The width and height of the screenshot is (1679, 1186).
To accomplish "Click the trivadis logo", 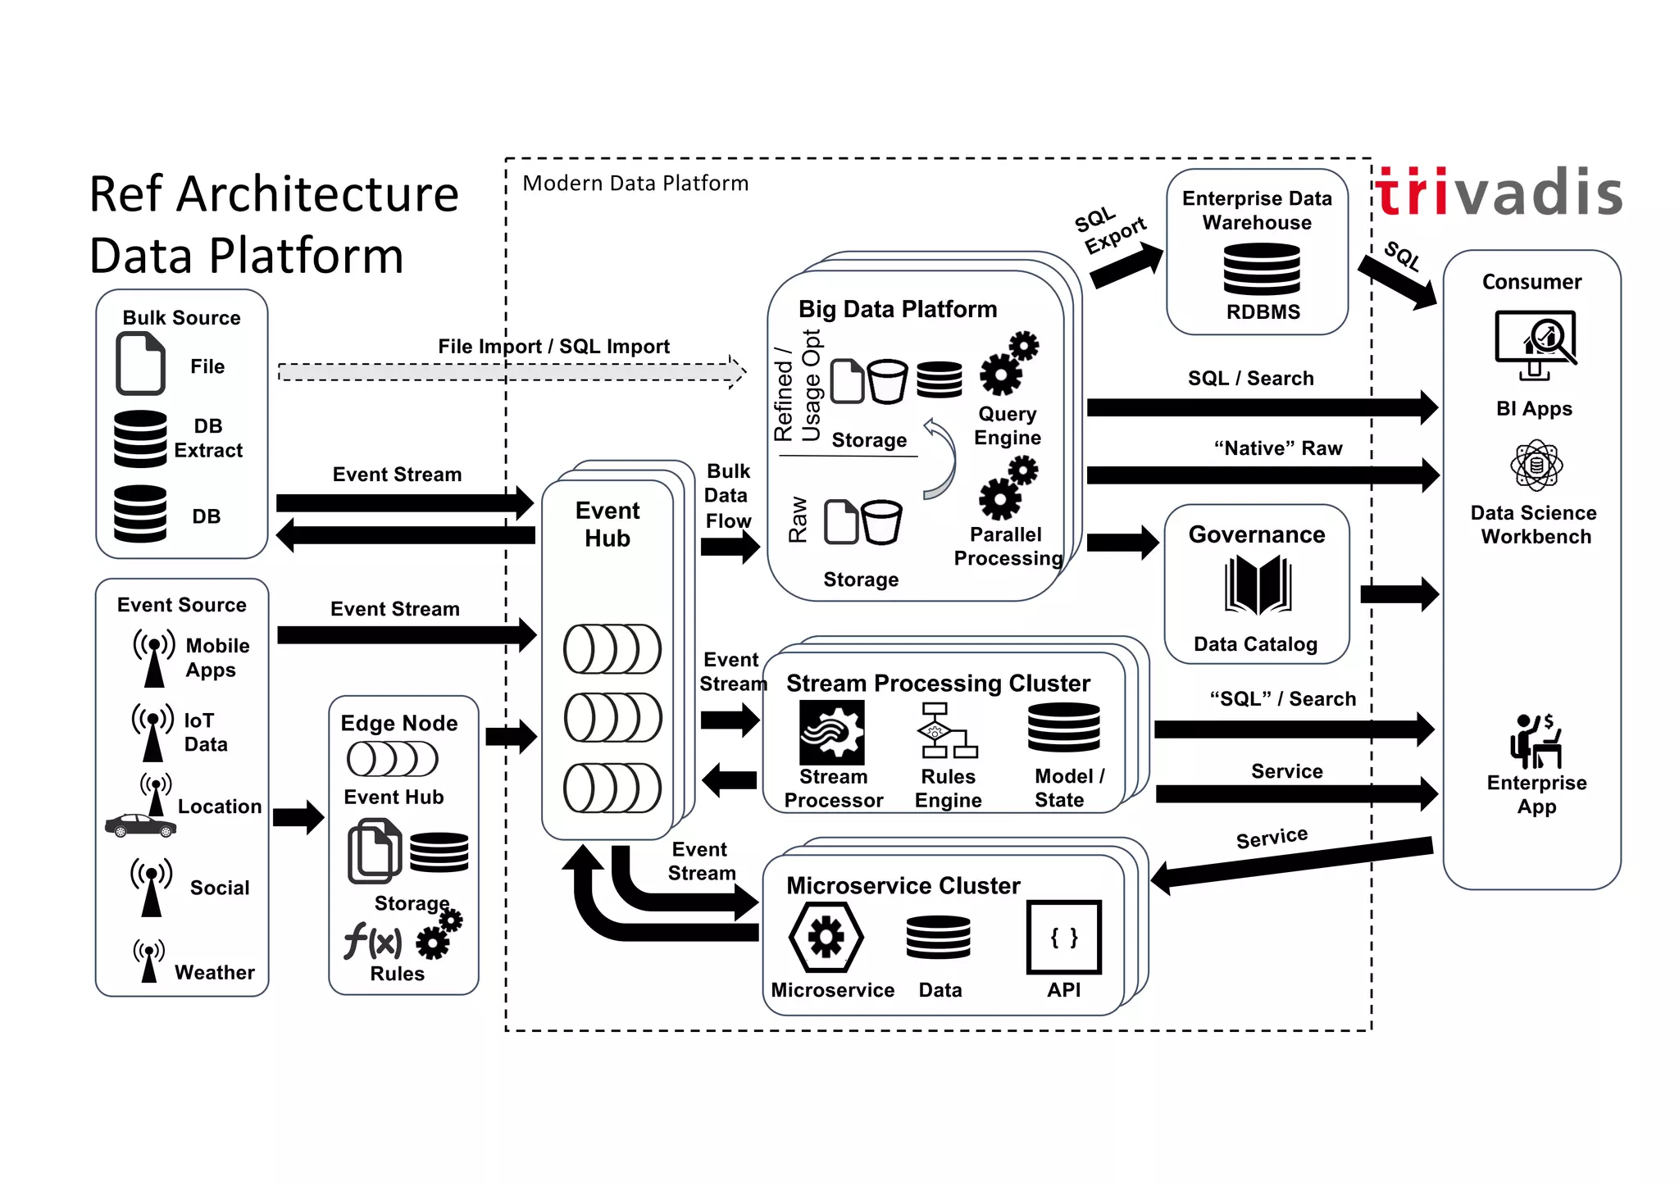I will (1499, 193).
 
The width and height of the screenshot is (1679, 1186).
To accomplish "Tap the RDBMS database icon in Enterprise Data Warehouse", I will (1261, 270).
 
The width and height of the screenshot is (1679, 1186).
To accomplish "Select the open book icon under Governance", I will (1258, 585).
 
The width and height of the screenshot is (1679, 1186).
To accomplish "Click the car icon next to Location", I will (140, 825).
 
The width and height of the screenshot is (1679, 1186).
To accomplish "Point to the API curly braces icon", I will (1063, 938).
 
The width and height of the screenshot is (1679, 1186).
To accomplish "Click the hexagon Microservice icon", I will (826, 937).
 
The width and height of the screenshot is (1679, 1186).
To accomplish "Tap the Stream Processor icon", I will (831, 733).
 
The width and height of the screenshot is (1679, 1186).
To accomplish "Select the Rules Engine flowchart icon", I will (946, 731).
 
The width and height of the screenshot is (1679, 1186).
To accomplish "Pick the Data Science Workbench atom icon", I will (1536, 466).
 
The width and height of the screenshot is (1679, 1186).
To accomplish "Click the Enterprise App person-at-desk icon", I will (1536, 741).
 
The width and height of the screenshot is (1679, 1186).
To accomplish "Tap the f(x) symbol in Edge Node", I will (373, 941).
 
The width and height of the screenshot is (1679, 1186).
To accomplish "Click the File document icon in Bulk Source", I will (140, 364).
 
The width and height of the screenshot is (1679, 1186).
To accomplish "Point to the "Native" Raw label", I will (1277, 448).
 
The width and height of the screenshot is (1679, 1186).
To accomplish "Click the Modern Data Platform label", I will (635, 184).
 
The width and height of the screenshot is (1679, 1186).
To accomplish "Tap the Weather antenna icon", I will (148, 961).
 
